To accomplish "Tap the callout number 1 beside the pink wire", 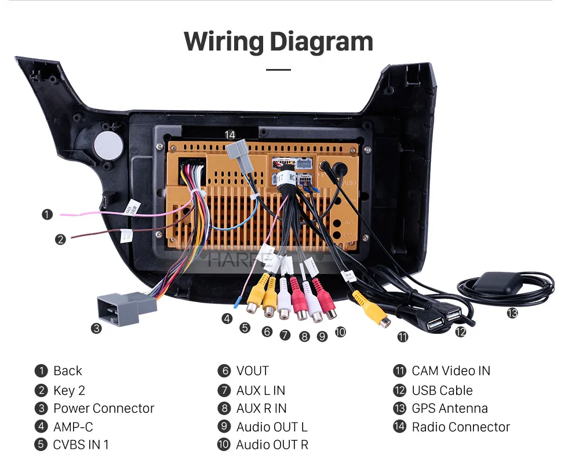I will point(47,214).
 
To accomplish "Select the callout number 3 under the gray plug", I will point(96,329).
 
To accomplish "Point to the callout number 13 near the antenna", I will point(512,313).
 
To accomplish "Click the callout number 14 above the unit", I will point(230,134).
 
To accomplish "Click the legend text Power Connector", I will point(104,408).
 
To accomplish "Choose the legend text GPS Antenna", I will point(450,408).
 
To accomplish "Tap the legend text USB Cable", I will point(442,390).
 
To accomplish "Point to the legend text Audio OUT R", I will point(272,445).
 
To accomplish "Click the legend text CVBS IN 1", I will point(81,445).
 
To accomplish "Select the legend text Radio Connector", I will point(461,427).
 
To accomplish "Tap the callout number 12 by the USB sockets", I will point(460,332).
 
